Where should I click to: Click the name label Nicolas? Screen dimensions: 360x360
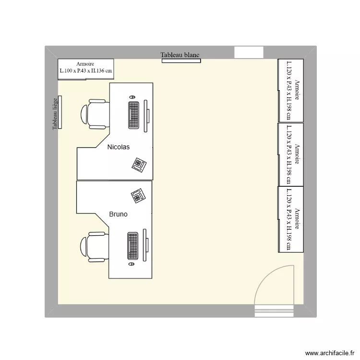coord(119,147)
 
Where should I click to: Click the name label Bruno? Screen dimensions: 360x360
coord(118,214)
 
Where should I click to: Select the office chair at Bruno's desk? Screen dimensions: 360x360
coord(93,247)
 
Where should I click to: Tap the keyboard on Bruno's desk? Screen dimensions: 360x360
coord(133,246)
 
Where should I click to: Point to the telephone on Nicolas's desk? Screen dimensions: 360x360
coord(139,164)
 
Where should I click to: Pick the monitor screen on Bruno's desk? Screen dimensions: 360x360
coord(146,245)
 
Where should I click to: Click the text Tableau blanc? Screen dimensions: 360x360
coord(180,55)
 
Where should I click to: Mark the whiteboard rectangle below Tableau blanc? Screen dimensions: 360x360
coord(181,60)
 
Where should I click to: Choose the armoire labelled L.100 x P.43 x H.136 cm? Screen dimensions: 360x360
coord(85,68)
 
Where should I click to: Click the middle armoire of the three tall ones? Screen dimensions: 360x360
coord(291,154)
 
